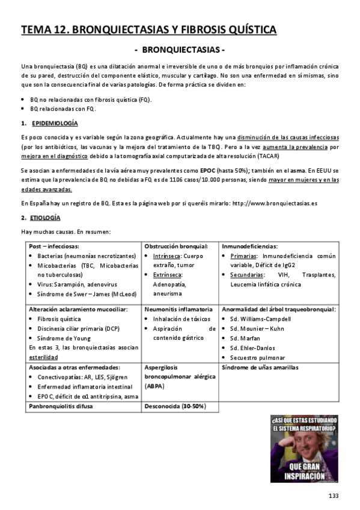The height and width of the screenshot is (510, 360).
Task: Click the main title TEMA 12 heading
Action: [148, 29]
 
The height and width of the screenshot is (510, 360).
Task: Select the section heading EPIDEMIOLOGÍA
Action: [54, 123]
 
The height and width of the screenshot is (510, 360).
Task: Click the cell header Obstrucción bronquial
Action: [176, 246]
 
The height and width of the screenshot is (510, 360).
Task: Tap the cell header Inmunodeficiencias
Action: [249, 246]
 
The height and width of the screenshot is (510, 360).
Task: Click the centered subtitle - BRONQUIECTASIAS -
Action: [180, 50]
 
